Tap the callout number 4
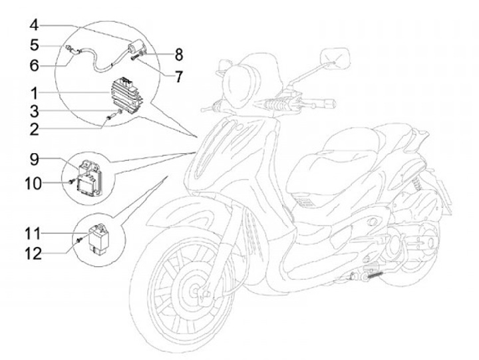tap(34, 26)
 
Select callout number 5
tap(34, 45)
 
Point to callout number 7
tap(178, 77)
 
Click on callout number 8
tap(178, 53)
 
